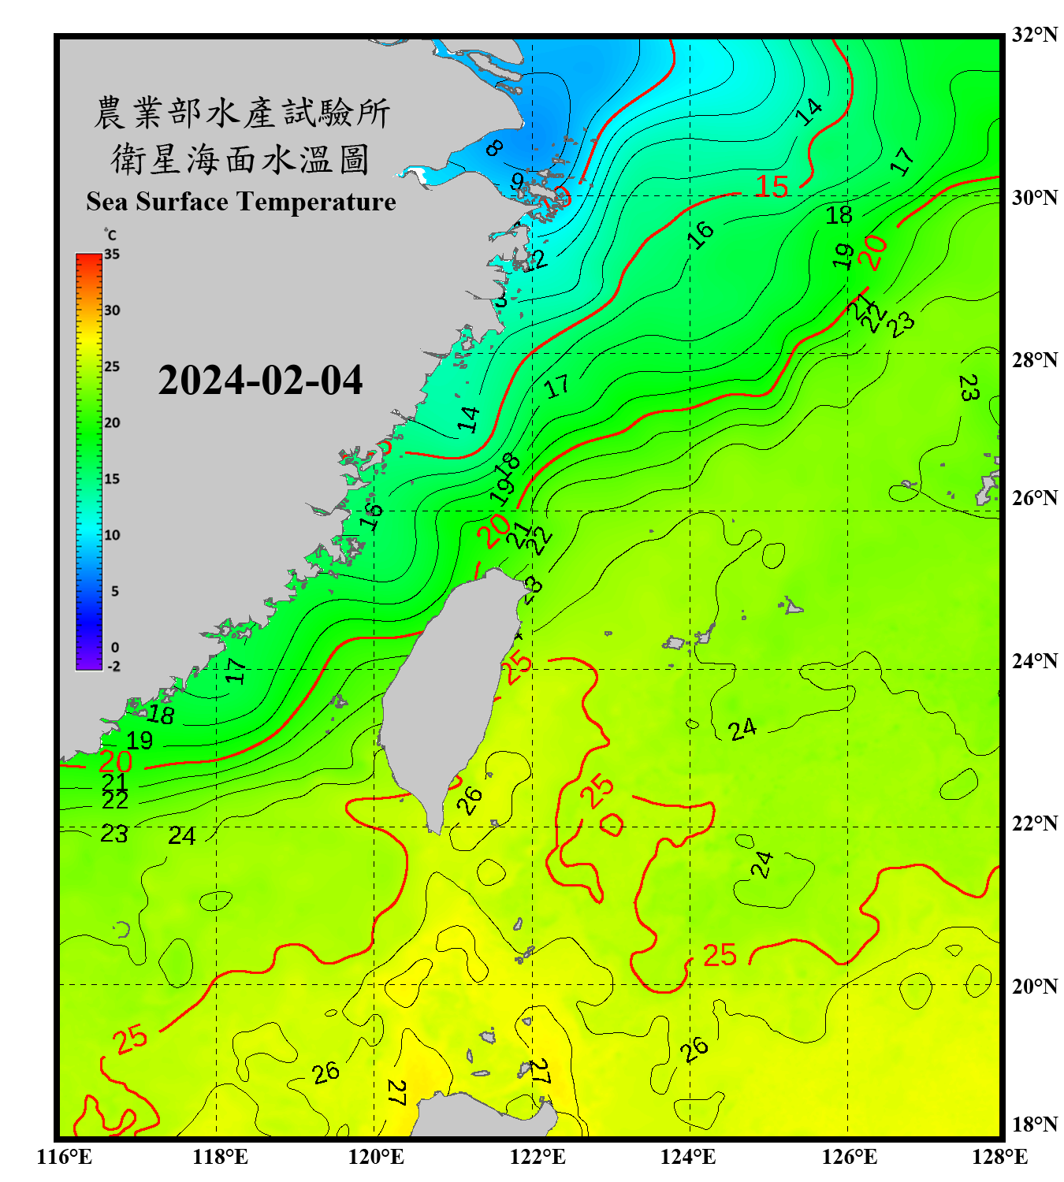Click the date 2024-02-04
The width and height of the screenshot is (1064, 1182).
pyautogui.click(x=260, y=381)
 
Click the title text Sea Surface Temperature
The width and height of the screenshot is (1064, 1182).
pyautogui.click(x=241, y=202)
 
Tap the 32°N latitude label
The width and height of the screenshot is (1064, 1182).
pyautogui.click(x=1034, y=35)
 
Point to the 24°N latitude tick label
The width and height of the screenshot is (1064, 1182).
pyautogui.click(x=1034, y=660)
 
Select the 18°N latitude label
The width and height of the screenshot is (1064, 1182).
pyautogui.click(x=1034, y=1124)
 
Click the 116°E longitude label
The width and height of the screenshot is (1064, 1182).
pyautogui.click(x=65, y=1157)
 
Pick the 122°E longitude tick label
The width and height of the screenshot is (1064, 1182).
pyautogui.click(x=538, y=1157)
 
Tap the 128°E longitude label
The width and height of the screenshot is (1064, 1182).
pyautogui.click(x=999, y=1157)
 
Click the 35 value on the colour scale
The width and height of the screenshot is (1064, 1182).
pyautogui.click(x=112, y=255)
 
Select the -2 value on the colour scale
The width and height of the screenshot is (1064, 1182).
pyautogui.click(x=113, y=667)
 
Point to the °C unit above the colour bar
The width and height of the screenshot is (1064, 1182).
pyautogui.click(x=110, y=235)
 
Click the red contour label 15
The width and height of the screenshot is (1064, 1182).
pyautogui.click(x=771, y=187)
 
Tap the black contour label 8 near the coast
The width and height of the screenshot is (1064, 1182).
pyautogui.click(x=494, y=147)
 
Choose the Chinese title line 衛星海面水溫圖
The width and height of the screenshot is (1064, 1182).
pyautogui.click(x=240, y=159)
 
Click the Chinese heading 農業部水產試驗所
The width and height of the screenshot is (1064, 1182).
pyautogui.click(x=241, y=113)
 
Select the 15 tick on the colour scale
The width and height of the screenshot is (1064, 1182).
pyautogui.click(x=112, y=479)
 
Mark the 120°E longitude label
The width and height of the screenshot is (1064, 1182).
pyautogui.click(x=376, y=1157)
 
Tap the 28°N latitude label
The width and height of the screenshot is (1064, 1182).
pyautogui.click(x=1034, y=360)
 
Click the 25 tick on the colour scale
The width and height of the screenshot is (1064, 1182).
pyautogui.click(x=112, y=366)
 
